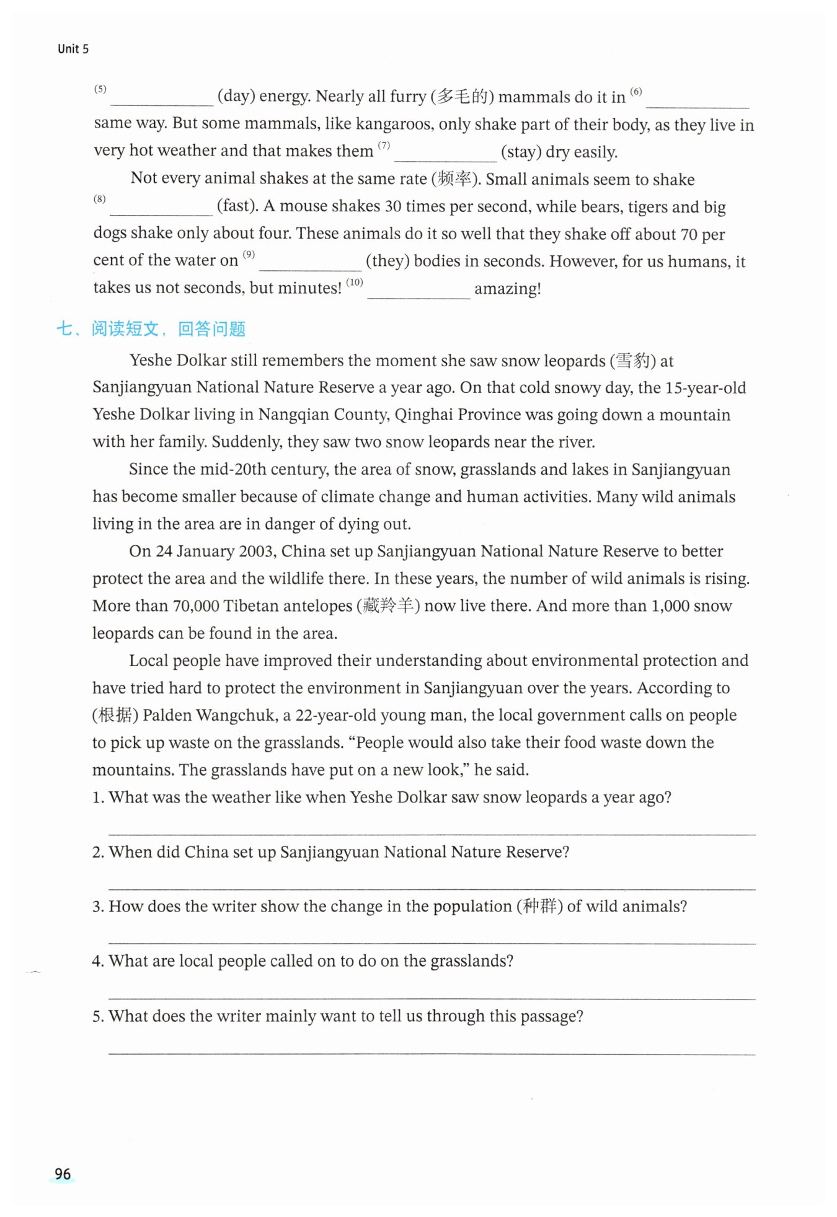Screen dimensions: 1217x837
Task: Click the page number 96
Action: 63,1174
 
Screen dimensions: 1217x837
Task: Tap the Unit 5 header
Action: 73,49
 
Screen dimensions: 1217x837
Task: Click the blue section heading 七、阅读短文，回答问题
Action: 151,328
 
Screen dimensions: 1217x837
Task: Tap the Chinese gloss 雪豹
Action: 632,361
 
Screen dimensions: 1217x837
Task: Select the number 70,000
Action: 195,606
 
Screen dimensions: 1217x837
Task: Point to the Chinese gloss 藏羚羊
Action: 388,606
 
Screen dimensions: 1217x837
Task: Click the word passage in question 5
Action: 549,1017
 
